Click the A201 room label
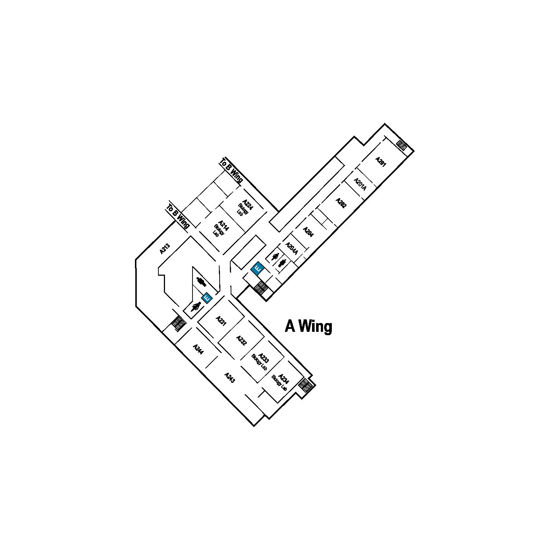[x=381, y=162]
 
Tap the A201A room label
[x=360, y=184]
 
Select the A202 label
[x=341, y=203]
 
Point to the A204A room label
[x=291, y=248]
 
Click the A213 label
[x=165, y=249]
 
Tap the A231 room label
[x=221, y=320]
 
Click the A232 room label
[x=241, y=341]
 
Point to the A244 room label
[x=198, y=349]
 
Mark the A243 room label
[x=229, y=378]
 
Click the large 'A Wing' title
[x=308, y=326]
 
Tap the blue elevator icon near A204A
[x=257, y=269]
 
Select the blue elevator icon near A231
[x=207, y=298]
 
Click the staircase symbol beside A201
[x=401, y=146]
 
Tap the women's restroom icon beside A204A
[x=275, y=256]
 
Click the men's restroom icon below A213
[x=201, y=282]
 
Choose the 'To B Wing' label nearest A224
[x=231, y=171]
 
